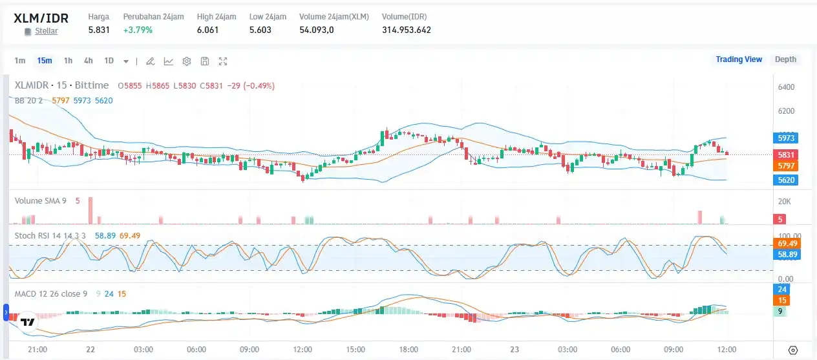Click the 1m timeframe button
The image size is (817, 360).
(20, 61)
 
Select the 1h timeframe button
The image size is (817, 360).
(69, 61)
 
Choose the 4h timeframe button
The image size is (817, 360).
(88, 61)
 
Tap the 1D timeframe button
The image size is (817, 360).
(109, 61)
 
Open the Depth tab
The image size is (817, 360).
(785, 59)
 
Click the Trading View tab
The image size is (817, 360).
(739, 59)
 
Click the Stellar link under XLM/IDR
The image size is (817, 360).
(46, 31)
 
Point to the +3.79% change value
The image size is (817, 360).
(138, 30)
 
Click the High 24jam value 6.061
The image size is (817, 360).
(207, 30)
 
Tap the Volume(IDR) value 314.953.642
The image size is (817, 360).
(407, 30)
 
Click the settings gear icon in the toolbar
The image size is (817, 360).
(187, 61)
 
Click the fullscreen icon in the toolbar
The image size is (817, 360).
(223, 61)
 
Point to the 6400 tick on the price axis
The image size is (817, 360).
(786, 87)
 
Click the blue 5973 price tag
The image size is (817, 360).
(787, 138)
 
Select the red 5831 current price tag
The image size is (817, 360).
(787, 154)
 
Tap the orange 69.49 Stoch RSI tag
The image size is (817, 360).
(786, 243)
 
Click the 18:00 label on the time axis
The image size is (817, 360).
(408, 350)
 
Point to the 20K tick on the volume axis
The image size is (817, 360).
(784, 202)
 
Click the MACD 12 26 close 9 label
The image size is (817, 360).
(51, 294)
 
